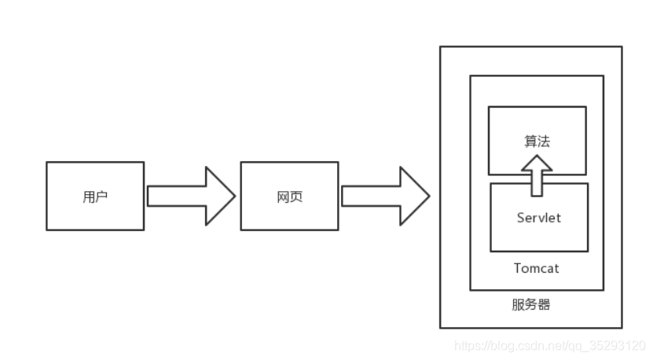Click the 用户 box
(x=95, y=196)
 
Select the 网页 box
(x=289, y=196)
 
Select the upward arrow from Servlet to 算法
(x=537, y=174)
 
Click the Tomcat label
(x=537, y=268)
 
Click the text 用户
(x=95, y=197)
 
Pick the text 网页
(x=289, y=197)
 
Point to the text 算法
(x=537, y=141)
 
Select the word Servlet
(x=539, y=218)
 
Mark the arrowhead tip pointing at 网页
(x=234, y=196)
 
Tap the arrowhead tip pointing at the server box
(x=428, y=196)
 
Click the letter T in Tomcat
(x=518, y=268)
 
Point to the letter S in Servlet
(x=521, y=218)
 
